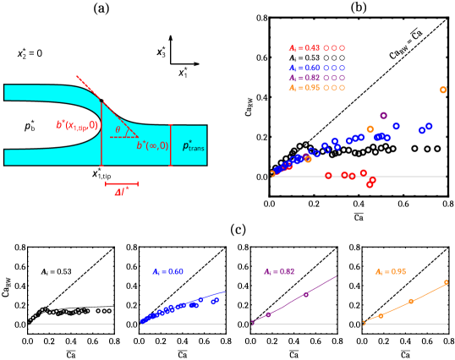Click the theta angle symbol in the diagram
click(118, 129)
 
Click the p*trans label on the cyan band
click(193, 145)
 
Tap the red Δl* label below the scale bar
click(122, 192)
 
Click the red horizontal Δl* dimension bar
click(122, 183)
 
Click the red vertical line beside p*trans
click(171, 145)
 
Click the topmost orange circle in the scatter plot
click(443, 90)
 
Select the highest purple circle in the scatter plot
click(383, 116)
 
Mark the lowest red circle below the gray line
click(370, 184)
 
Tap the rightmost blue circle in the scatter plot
click(429, 126)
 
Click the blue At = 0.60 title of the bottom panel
click(167, 272)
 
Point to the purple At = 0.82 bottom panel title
click(278, 272)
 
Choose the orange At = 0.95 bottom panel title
click(390, 272)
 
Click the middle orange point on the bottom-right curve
click(411, 301)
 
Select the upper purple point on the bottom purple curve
click(306, 294)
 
